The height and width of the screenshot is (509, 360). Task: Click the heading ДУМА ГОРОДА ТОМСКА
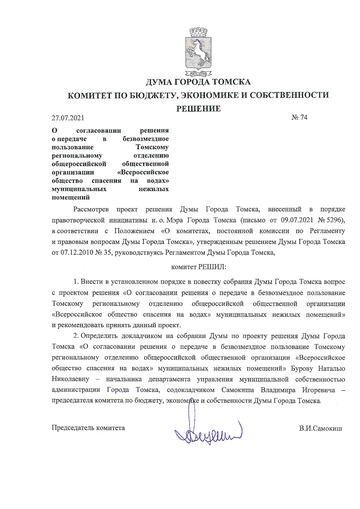click(x=198, y=82)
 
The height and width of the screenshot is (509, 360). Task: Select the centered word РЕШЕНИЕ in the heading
click(x=199, y=109)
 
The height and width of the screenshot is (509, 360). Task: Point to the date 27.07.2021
click(x=68, y=118)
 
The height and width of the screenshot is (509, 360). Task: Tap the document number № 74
click(x=299, y=117)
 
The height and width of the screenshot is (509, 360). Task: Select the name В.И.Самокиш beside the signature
click(x=321, y=428)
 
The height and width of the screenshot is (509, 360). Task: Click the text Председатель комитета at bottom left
click(x=88, y=428)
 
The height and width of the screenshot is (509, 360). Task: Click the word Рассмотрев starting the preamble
click(x=91, y=209)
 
